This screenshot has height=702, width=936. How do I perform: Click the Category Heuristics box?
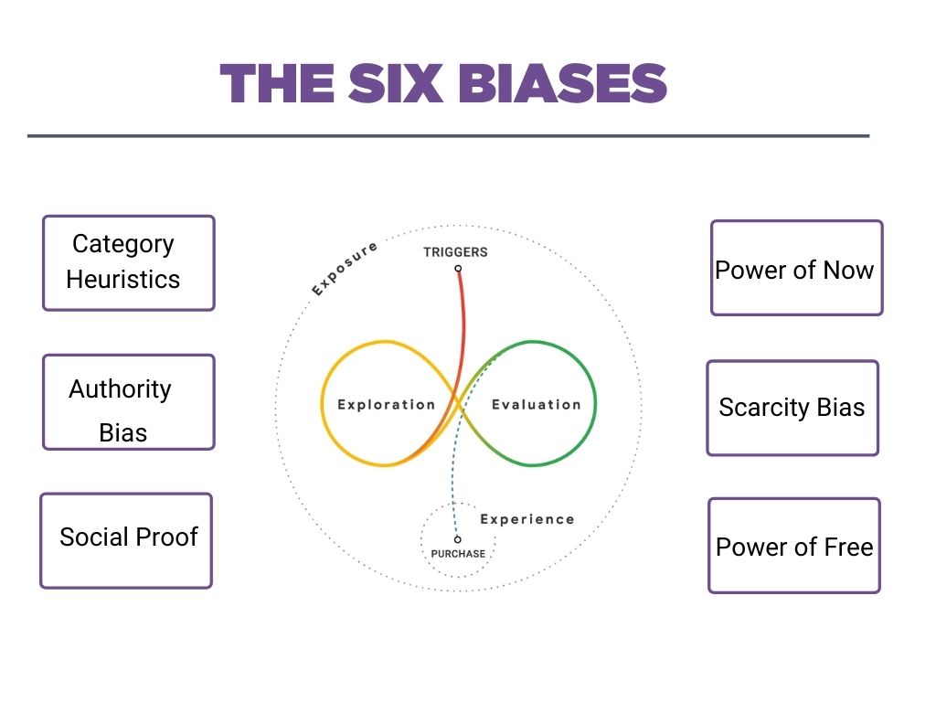pos(128,263)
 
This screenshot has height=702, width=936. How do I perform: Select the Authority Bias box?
pos(128,402)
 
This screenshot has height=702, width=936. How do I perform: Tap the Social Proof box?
pos(126,541)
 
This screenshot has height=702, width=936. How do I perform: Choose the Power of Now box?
pos(797,268)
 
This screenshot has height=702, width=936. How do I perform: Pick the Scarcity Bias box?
pos(792,409)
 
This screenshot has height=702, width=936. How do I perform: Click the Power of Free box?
pos(794,546)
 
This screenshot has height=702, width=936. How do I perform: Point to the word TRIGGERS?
pos(455,252)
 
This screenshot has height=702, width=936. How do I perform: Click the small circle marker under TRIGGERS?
pos(458,269)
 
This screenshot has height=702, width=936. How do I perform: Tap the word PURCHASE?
pos(458,554)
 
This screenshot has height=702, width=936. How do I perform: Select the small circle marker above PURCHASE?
pos(457,539)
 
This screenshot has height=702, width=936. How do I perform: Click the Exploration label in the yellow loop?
pos(387,405)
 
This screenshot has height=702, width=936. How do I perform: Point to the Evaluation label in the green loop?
pos(536,405)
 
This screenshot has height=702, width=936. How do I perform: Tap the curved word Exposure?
pos(345,269)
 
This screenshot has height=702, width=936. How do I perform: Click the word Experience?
pos(527,519)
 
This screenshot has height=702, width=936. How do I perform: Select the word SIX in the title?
pos(396,83)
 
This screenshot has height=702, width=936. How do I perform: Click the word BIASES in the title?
pos(562,83)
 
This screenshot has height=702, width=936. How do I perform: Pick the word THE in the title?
pos(277,83)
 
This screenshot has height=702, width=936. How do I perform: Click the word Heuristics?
pos(123,280)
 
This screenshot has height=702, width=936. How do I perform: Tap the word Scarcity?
pos(764,409)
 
